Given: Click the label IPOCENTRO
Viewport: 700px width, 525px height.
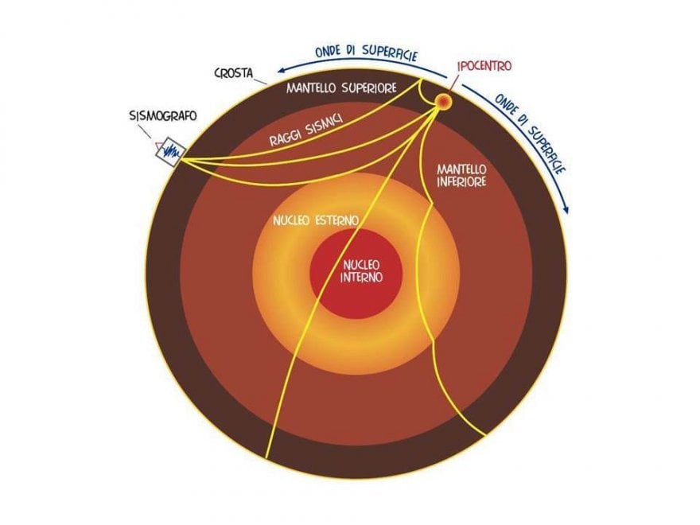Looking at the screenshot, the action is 484,66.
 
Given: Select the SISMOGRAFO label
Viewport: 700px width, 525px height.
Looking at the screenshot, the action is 163,116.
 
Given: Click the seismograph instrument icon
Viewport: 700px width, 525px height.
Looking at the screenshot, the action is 170,152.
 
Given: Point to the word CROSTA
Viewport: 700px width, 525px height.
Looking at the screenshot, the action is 234,73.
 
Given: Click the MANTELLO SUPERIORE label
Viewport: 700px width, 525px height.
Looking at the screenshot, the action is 341,88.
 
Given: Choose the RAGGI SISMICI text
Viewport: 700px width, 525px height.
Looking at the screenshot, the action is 305,130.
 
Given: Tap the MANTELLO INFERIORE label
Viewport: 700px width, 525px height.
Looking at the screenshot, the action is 461,176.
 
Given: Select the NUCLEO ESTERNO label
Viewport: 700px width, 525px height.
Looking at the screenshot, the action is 316,220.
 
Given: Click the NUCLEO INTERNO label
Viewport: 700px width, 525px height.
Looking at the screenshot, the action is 361,271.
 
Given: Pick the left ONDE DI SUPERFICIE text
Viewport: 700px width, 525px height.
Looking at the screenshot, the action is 366,52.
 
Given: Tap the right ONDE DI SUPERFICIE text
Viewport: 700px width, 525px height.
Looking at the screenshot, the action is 531,132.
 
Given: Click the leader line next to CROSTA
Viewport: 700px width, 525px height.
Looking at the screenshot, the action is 261,81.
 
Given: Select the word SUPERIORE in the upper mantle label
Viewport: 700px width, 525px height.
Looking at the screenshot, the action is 369,88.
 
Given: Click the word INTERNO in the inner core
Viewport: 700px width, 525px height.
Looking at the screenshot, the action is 362,278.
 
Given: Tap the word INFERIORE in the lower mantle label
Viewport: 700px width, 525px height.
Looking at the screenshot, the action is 461,182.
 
